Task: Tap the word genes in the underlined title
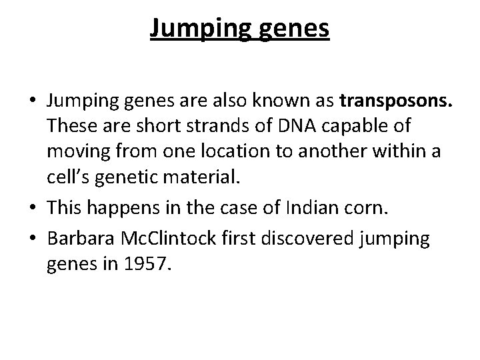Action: tap(295, 29)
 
